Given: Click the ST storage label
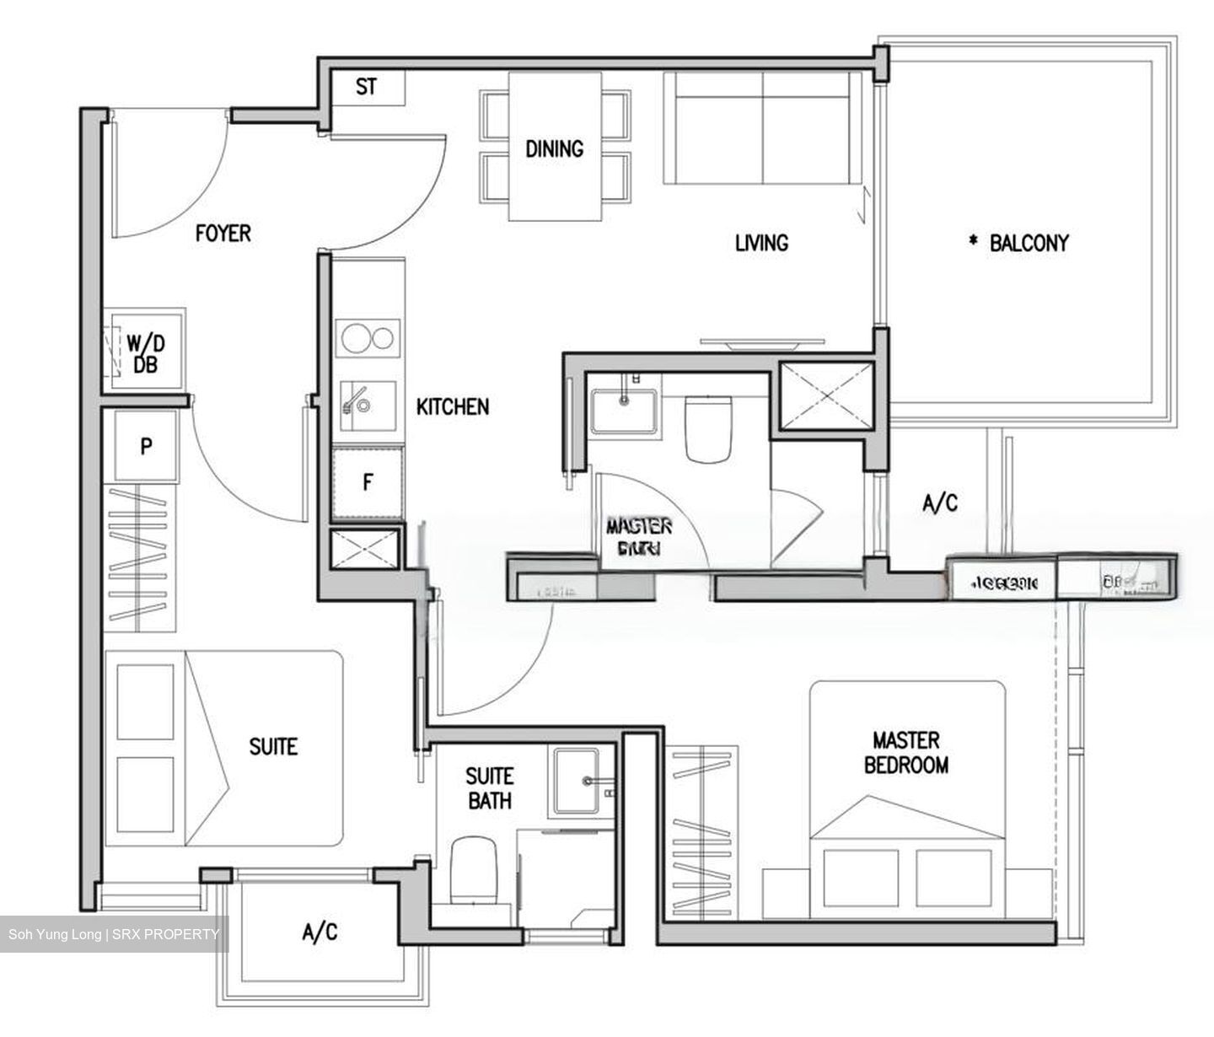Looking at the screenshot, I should point(366,87).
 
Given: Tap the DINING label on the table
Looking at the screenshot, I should point(554,149).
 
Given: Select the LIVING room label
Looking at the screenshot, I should point(761,243).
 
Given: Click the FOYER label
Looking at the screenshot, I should point(223,233).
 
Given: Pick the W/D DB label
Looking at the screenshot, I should point(146,353).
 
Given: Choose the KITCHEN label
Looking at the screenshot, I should point(453,406).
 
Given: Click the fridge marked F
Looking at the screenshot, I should point(368,483).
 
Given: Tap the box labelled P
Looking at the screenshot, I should point(146,446).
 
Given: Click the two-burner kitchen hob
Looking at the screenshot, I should point(368,338).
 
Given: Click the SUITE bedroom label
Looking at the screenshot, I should point(273,746).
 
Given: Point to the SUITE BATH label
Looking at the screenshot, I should point(489,787).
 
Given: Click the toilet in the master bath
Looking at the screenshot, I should point(707,428).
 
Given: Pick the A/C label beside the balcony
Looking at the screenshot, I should point(940,503).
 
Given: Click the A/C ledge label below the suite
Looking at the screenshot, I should point(320,932).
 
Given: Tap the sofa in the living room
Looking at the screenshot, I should point(762,126).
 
